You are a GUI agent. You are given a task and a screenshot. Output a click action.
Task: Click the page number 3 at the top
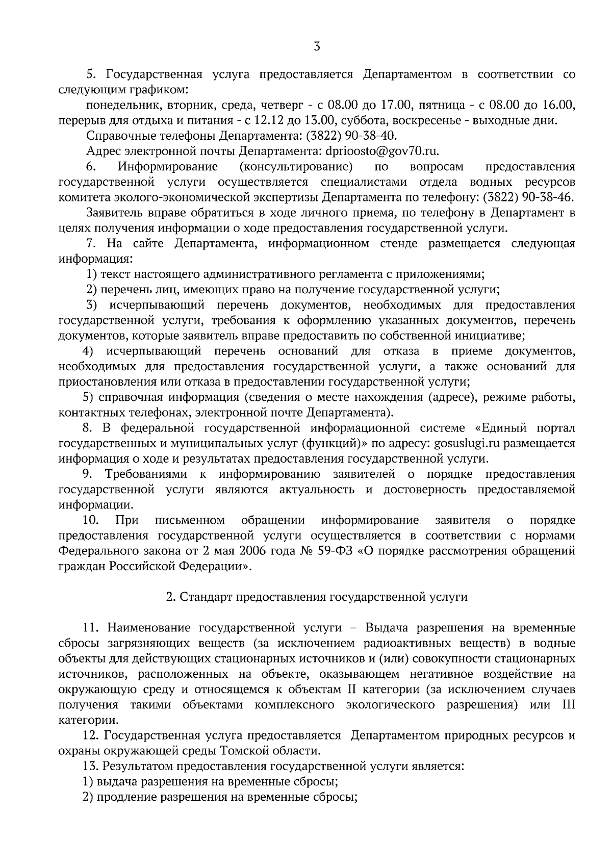point(317,47)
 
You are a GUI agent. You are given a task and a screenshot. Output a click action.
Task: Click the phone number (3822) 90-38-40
point(351,136)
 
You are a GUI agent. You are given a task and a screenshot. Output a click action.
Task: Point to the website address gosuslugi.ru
point(458,443)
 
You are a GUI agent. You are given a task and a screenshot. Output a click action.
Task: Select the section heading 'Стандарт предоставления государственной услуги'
point(317,597)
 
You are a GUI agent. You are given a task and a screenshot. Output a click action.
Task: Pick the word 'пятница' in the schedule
point(438,105)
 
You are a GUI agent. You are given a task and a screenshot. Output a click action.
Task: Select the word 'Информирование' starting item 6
point(168,166)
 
